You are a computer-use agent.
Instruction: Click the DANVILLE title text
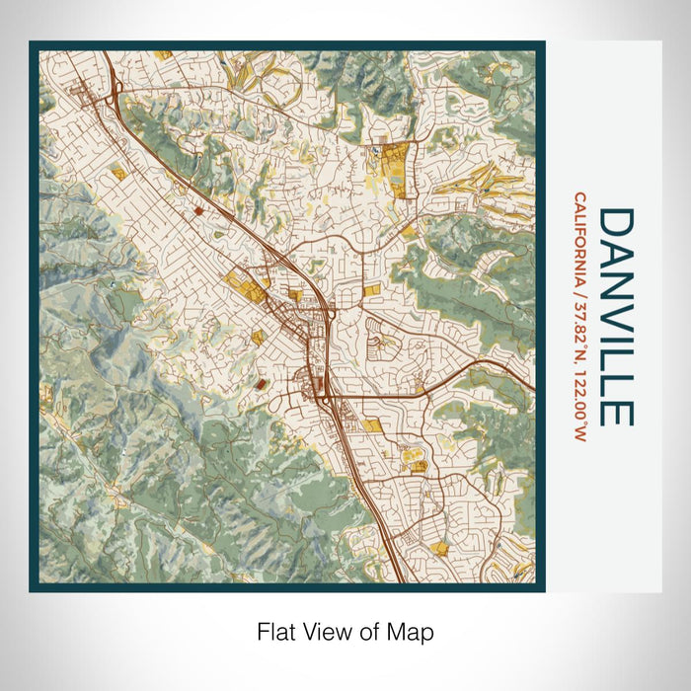pos(615,317)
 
